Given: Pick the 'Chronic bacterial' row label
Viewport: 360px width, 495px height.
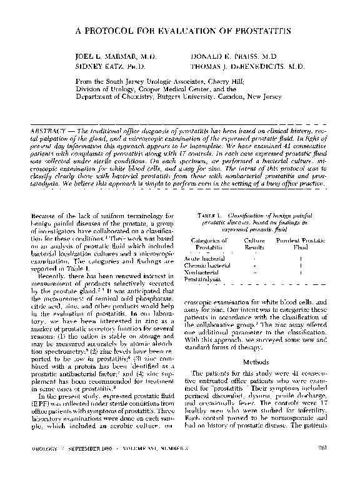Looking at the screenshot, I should coord(206,265).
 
